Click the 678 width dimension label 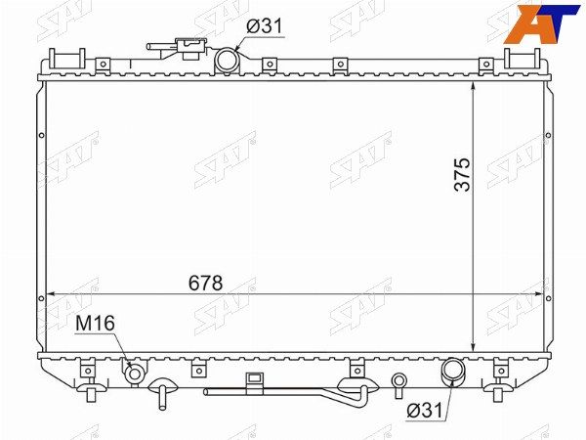tap(205, 283)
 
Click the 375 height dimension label tap(462, 175)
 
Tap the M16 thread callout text tap(95, 324)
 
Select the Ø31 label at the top tap(265, 26)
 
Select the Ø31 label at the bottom tap(425, 411)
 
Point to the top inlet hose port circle tap(227, 61)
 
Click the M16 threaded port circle tap(134, 374)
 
